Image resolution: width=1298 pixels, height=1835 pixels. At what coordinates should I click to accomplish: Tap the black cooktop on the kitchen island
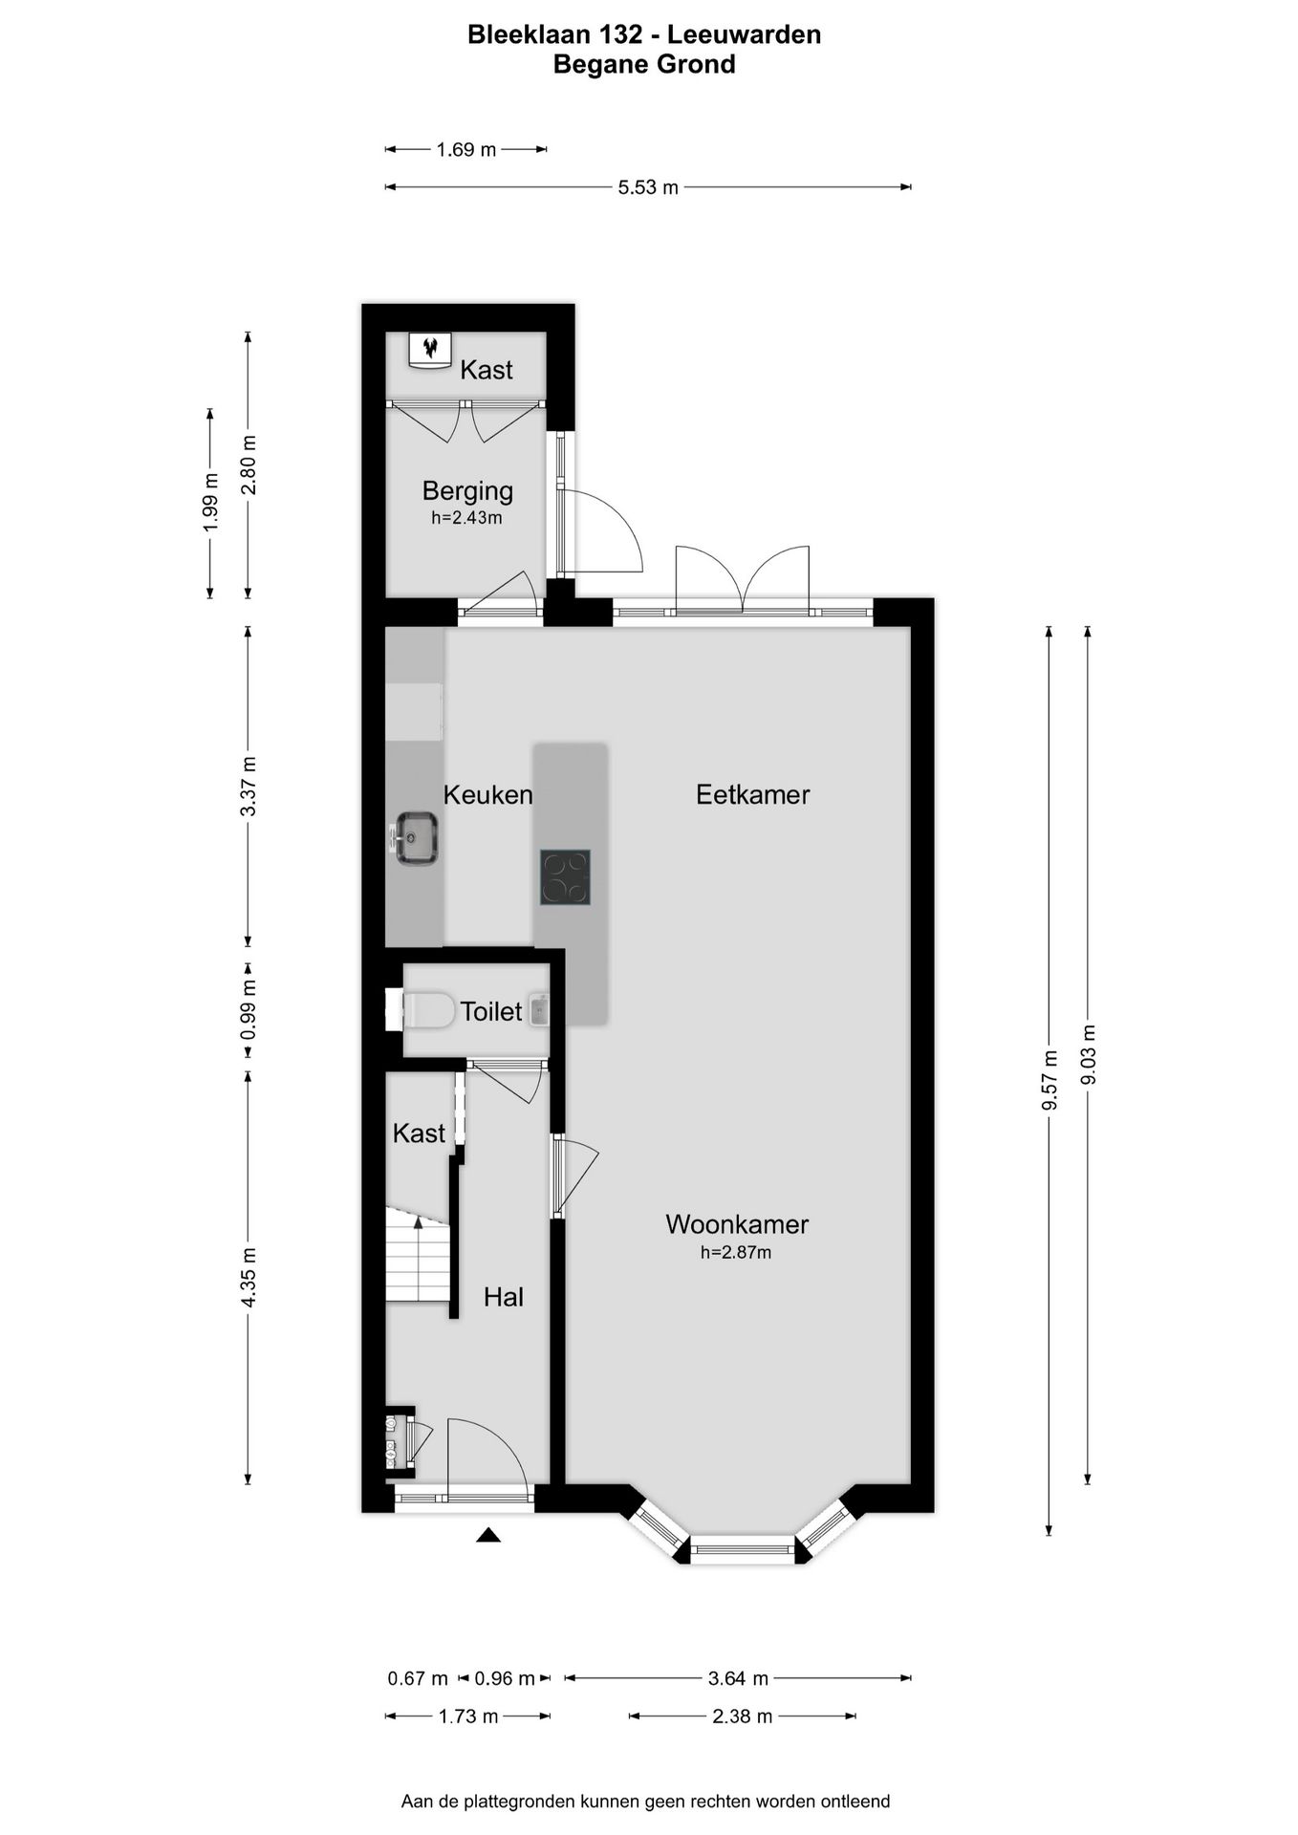click(565, 877)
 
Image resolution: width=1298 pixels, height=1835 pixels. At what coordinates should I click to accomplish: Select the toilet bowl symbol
click(427, 1010)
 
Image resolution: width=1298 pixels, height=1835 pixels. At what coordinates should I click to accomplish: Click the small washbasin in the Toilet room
click(539, 1010)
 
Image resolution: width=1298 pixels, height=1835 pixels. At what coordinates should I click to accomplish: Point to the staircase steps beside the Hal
click(418, 1254)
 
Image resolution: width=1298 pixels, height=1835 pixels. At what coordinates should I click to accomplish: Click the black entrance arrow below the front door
click(488, 1535)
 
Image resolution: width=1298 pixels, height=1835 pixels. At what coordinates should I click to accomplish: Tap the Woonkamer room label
click(737, 1224)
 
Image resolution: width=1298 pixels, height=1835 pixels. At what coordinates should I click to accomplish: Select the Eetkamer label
click(752, 794)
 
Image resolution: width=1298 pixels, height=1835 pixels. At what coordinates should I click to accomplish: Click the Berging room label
click(467, 491)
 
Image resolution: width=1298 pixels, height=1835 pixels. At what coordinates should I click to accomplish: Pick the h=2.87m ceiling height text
click(736, 1252)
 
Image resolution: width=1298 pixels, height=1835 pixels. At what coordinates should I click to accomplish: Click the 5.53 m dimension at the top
click(648, 187)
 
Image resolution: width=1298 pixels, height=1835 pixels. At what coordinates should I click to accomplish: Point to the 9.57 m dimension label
click(1049, 1080)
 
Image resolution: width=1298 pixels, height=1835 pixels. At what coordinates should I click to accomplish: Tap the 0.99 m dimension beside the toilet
click(249, 1010)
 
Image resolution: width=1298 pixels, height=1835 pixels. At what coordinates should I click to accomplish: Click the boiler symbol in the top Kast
click(430, 349)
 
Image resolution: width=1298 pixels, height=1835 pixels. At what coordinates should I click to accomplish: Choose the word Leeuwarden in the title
click(744, 34)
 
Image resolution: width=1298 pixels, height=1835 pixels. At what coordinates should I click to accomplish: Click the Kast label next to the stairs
click(419, 1133)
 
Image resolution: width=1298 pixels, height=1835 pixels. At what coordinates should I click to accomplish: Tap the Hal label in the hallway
click(504, 1297)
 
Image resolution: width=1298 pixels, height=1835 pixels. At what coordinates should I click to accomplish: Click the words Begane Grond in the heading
click(644, 64)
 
